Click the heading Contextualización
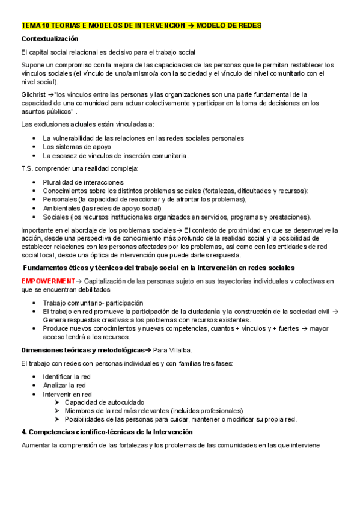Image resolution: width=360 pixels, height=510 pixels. (50, 39)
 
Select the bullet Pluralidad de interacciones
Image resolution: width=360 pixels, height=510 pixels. (83, 182)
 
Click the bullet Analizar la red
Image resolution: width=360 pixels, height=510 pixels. (64, 386)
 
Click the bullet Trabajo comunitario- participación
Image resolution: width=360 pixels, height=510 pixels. (93, 303)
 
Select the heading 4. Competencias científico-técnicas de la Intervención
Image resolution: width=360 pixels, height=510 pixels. (106, 432)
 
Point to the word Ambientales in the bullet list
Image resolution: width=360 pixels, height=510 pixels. (60, 208)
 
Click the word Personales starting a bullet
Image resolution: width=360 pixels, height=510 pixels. (59, 200)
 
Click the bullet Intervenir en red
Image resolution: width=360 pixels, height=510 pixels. (67, 394)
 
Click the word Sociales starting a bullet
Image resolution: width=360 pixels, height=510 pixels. (55, 217)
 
